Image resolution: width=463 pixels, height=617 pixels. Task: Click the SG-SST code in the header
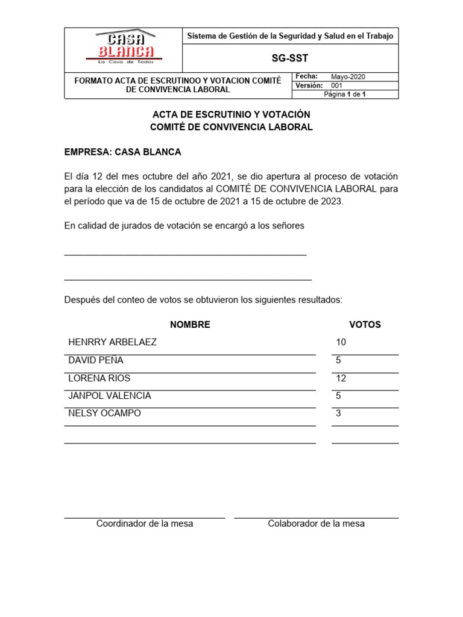coord(290,58)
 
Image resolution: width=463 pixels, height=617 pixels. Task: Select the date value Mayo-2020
coord(348,77)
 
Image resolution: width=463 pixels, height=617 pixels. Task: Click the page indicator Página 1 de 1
coord(345,95)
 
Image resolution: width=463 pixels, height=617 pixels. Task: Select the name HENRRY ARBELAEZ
coord(113,342)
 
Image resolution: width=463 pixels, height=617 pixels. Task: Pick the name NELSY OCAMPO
coord(106,414)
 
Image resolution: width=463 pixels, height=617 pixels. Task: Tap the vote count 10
coord(341,342)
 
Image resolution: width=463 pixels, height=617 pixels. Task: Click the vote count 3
coord(339,414)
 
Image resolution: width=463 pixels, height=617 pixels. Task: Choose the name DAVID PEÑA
coord(96,360)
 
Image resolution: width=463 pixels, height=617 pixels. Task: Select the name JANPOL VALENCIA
coord(110,396)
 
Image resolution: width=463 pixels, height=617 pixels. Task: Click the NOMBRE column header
coord(190,325)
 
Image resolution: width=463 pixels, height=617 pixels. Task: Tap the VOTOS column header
coord(365,325)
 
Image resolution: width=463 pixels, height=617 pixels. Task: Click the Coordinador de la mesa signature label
coord(145,524)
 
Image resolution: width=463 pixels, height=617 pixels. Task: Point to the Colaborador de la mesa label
coord(317,524)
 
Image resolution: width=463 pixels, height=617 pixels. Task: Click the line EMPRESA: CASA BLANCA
coord(123,152)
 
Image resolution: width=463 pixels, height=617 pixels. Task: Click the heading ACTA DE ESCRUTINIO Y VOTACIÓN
coord(231,114)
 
